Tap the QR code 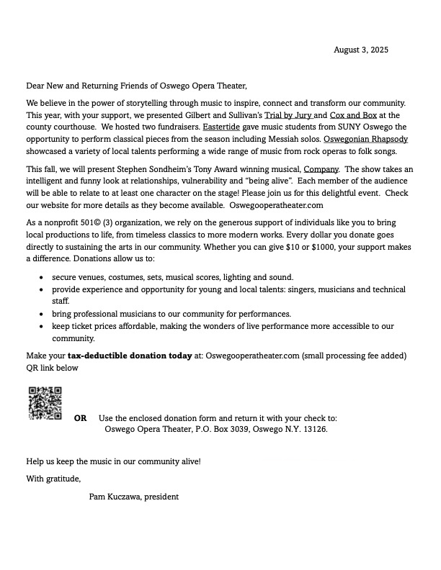[44, 403]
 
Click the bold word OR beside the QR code [81, 418]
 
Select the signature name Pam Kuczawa [114, 497]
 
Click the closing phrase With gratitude [53, 479]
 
